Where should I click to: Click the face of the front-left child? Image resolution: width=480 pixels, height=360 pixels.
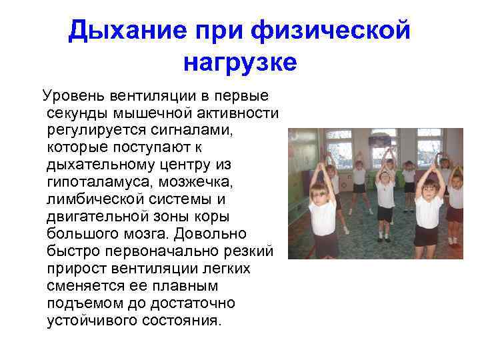point(321,193)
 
